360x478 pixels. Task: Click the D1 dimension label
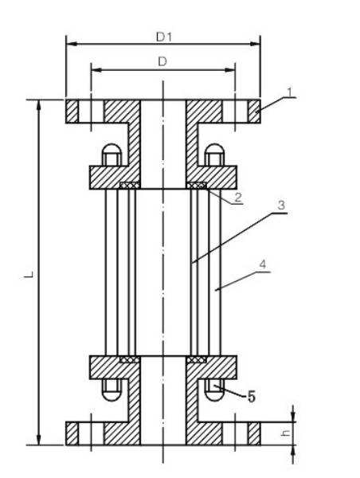coord(164,37)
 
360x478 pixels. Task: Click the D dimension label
coord(162,62)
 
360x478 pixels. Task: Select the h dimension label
coord(286,433)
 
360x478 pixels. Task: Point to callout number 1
coord(290,92)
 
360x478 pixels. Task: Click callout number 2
coord(238,198)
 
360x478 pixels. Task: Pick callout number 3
coord(281,205)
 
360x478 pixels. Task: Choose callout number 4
coord(262,264)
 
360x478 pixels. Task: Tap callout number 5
coord(251,397)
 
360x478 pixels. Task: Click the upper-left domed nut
coord(112,155)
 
